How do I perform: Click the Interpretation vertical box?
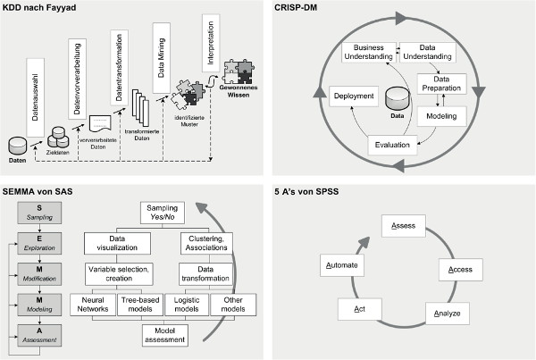tap(211, 45)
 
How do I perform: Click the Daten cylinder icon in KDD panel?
tap(17, 144)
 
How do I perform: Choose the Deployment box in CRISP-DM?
tap(352, 97)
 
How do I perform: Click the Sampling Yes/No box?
tap(163, 214)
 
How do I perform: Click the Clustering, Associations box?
tap(206, 242)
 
